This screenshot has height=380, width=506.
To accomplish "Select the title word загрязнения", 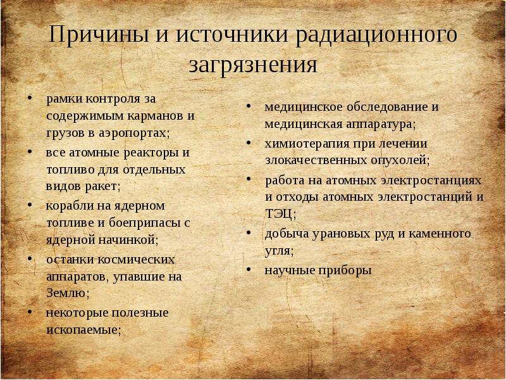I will [252, 65].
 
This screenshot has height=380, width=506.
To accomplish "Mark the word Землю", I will [66, 293].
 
